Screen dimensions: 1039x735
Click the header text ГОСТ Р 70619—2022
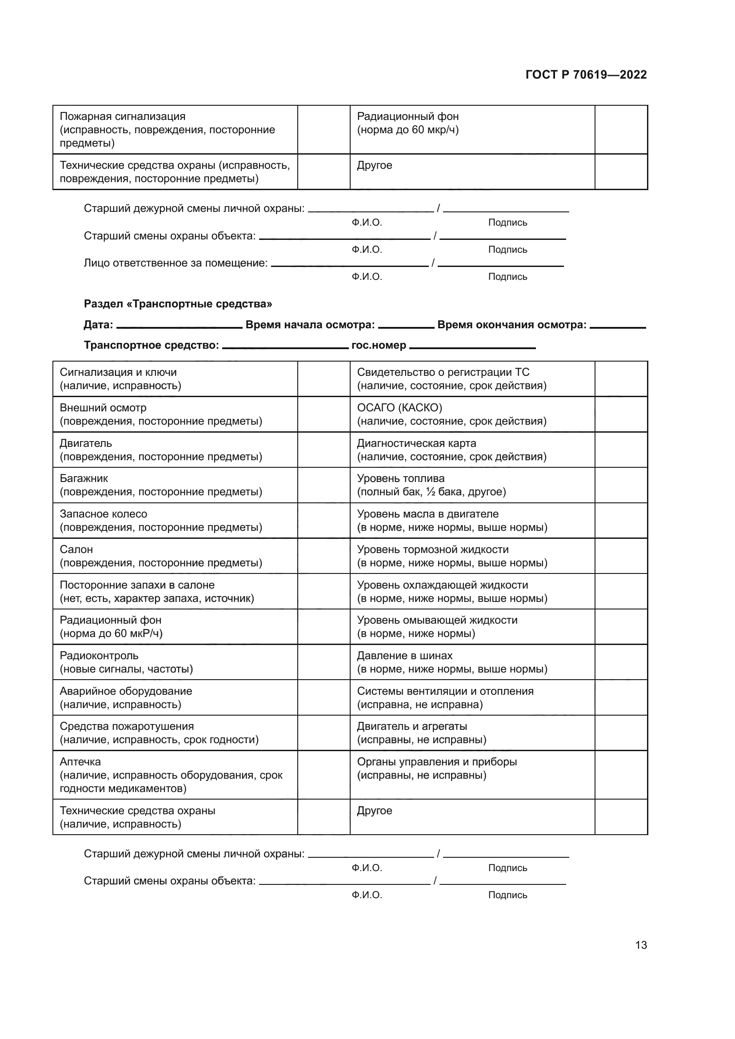(x=586, y=75)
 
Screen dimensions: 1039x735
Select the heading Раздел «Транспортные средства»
(x=178, y=304)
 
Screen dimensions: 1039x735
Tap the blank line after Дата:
(x=179, y=326)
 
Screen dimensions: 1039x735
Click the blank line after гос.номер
(x=472, y=347)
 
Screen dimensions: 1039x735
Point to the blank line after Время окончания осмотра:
(x=617, y=326)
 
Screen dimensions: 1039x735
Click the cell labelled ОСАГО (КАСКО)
(x=471, y=414)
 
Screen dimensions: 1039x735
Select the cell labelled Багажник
(x=175, y=485)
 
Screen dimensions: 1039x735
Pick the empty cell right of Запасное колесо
(x=324, y=521)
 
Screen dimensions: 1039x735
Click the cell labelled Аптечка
(x=175, y=775)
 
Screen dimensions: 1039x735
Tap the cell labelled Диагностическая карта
(x=471, y=450)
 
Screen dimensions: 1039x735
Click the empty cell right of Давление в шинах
(x=620, y=662)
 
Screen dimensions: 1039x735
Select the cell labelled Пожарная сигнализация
(x=175, y=129)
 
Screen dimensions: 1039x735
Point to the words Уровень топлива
(x=400, y=478)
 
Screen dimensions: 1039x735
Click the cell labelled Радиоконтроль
(x=175, y=662)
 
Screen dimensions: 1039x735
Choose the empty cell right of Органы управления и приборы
(x=620, y=775)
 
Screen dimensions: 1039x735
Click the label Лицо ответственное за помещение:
(x=176, y=263)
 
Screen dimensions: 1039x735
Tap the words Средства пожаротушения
(x=127, y=726)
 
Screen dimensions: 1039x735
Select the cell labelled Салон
(x=175, y=556)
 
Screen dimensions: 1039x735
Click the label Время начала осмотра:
(x=310, y=324)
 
